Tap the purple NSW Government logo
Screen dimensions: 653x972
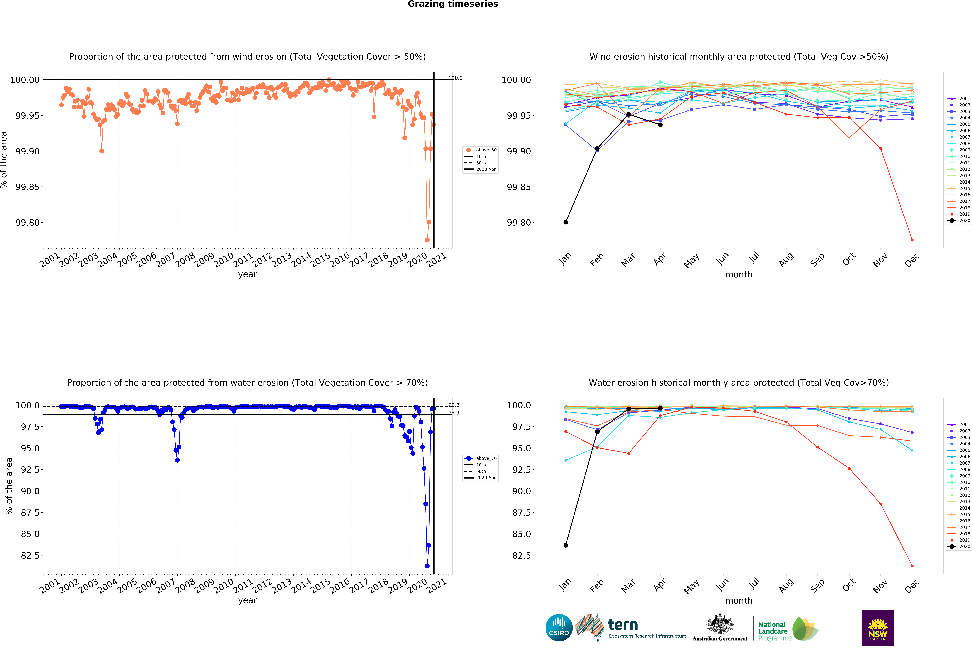coord(877,628)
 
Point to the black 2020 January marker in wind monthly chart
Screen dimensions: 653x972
coord(565,222)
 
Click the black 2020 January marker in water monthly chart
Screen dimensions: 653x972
coord(565,545)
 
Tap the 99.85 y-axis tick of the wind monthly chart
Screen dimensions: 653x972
coord(519,187)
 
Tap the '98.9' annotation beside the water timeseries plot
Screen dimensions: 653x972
coord(454,413)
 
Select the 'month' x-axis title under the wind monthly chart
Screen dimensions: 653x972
coord(739,274)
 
